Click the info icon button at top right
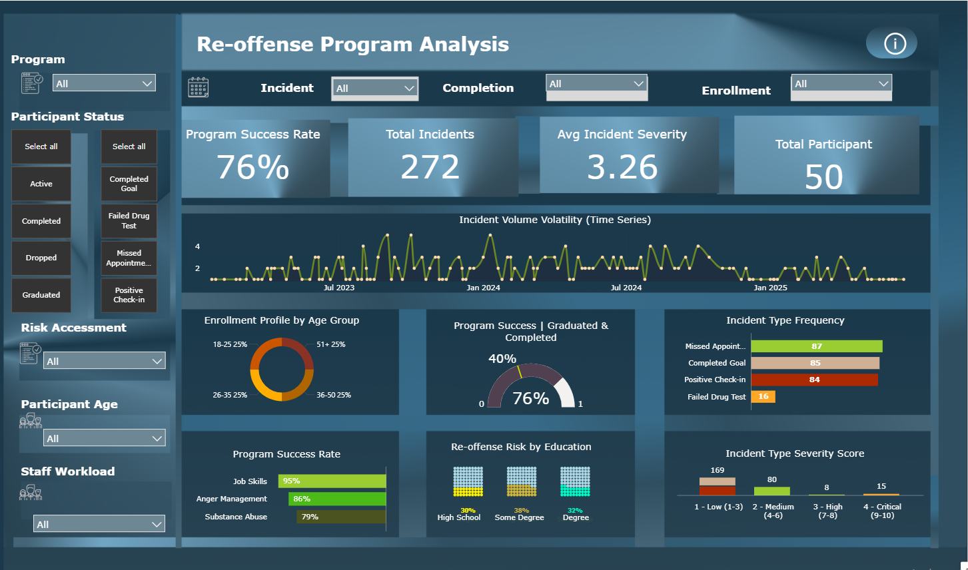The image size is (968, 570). point(894,44)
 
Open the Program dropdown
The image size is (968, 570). point(105,83)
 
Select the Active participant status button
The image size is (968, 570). point(41,184)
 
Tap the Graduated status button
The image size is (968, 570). point(41,295)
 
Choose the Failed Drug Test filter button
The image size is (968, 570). point(129,221)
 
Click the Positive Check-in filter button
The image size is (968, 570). point(129,295)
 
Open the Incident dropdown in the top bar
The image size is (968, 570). point(374,88)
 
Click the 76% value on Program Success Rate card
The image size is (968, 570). point(253,166)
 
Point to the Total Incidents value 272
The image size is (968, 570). point(430,166)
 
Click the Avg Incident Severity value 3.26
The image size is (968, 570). point(622,166)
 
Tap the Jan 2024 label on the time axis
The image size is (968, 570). point(483,288)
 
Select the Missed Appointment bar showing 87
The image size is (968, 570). point(816,346)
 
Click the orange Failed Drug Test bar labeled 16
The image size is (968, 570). point(763,396)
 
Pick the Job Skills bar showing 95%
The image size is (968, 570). point(332,481)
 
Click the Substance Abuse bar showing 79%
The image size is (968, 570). point(341,517)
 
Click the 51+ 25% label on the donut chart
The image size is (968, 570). point(330,344)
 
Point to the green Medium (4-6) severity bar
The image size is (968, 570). point(771,491)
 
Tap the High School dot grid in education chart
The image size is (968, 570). point(468,481)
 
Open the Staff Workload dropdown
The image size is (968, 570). point(99,524)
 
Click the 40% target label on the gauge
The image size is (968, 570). point(502,359)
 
